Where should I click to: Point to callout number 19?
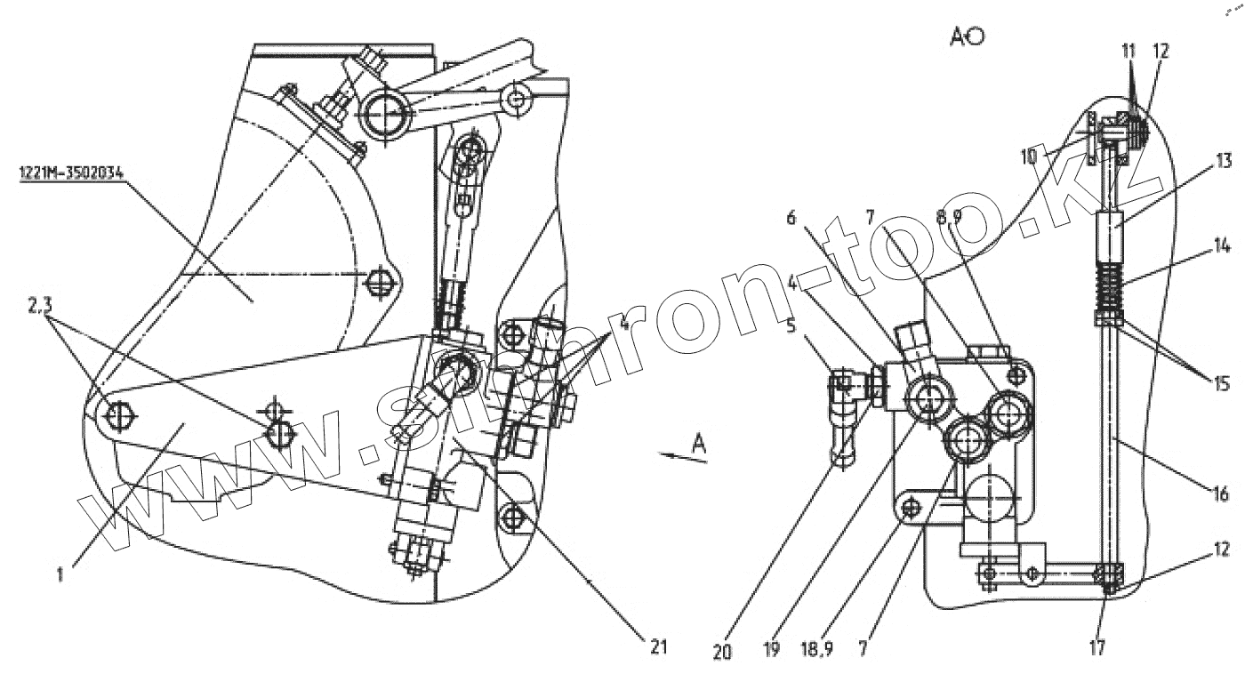pyautogui.click(x=771, y=650)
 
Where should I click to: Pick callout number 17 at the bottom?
pyautogui.click(x=1097, y=649)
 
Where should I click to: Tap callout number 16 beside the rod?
pyautogui.click(x=1218, y=491)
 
